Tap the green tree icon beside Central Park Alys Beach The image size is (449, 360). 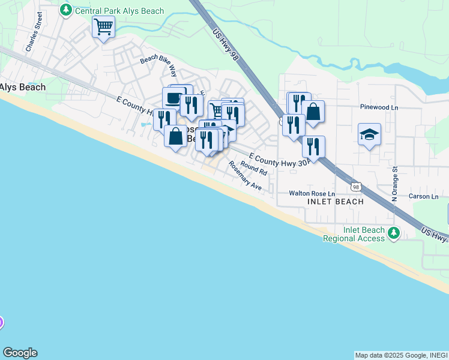65,10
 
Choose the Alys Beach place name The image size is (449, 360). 23,87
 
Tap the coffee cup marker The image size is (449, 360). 173,97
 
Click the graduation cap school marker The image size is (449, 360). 369,134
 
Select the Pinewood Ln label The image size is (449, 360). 379,107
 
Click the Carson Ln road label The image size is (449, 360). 424,196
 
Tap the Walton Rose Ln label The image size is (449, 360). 312,193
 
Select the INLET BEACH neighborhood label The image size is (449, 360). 336,202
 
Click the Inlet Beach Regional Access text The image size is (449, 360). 354,234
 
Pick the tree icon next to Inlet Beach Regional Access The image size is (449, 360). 394,232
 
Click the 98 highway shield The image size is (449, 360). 357,187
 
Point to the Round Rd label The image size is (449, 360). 253,168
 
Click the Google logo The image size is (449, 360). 20,353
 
